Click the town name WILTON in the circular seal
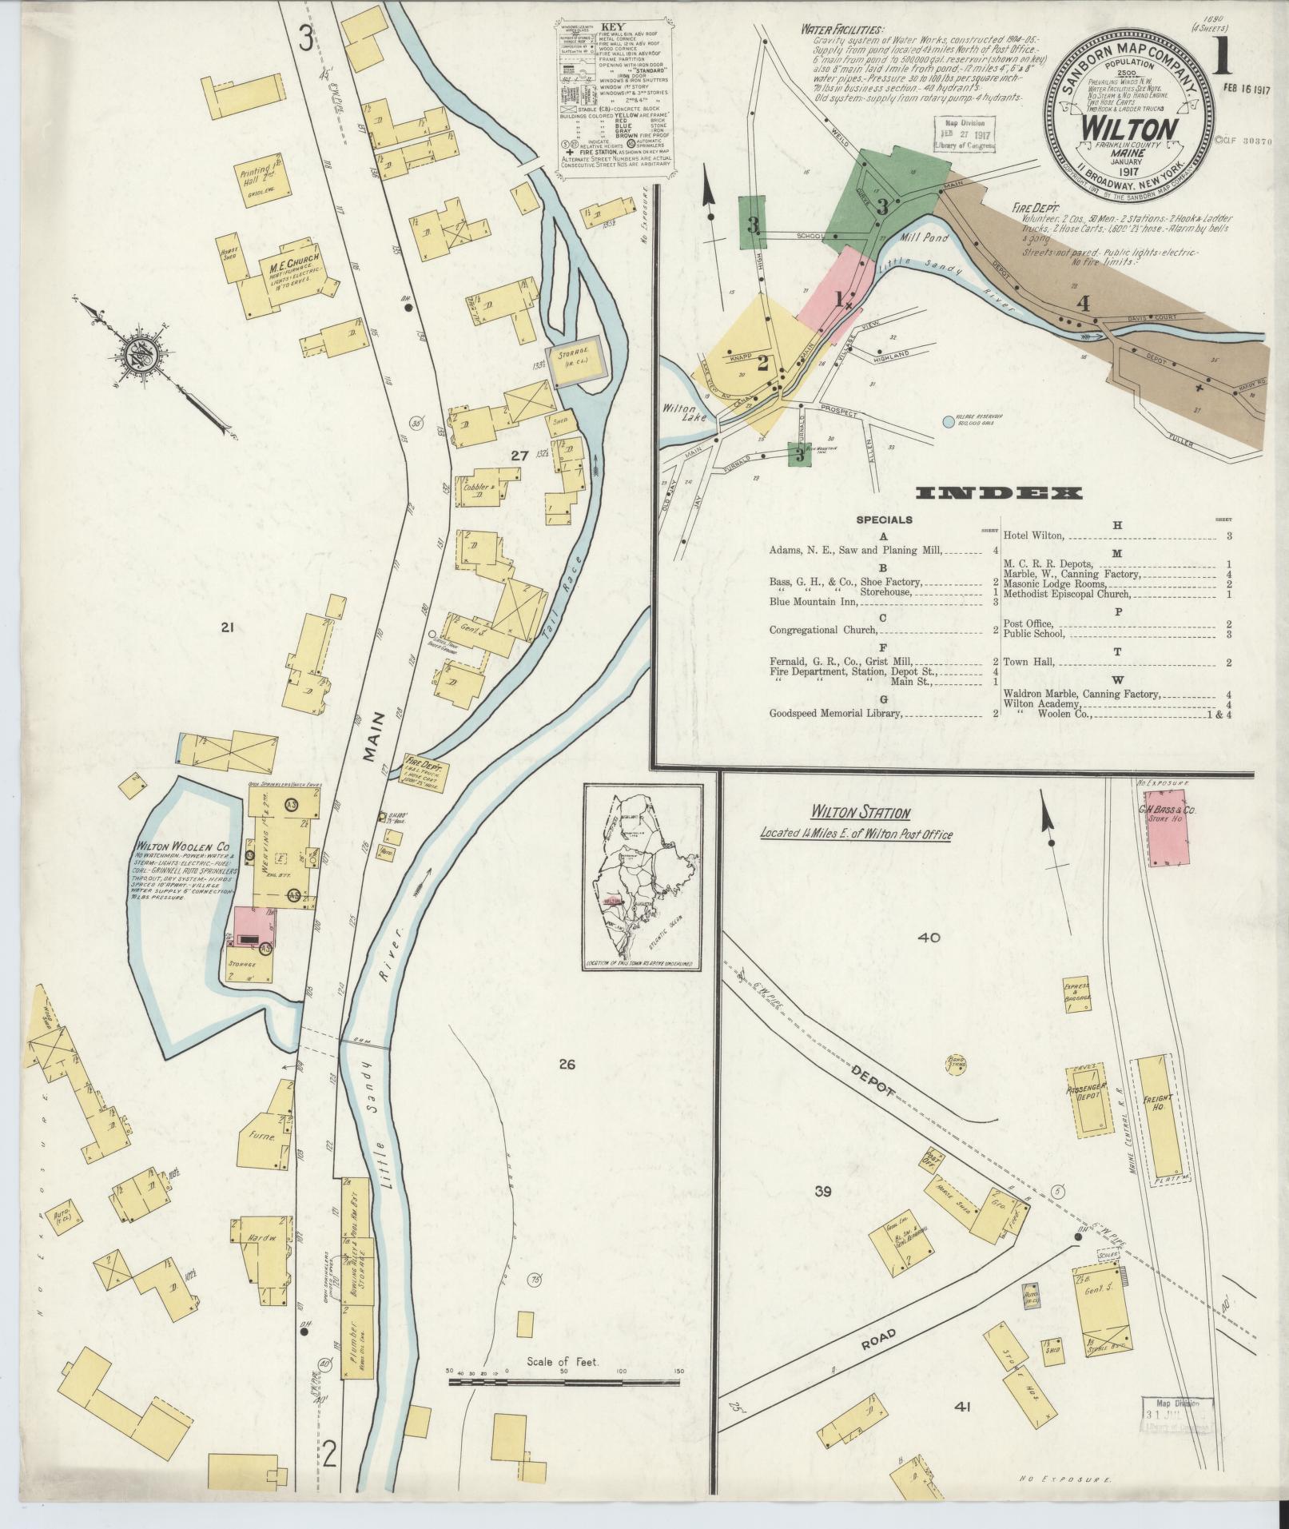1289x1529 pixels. tap(1128, 129)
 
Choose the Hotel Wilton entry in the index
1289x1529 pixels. tap(1035, 536)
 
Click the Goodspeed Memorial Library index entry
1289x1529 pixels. tap(835, 714)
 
